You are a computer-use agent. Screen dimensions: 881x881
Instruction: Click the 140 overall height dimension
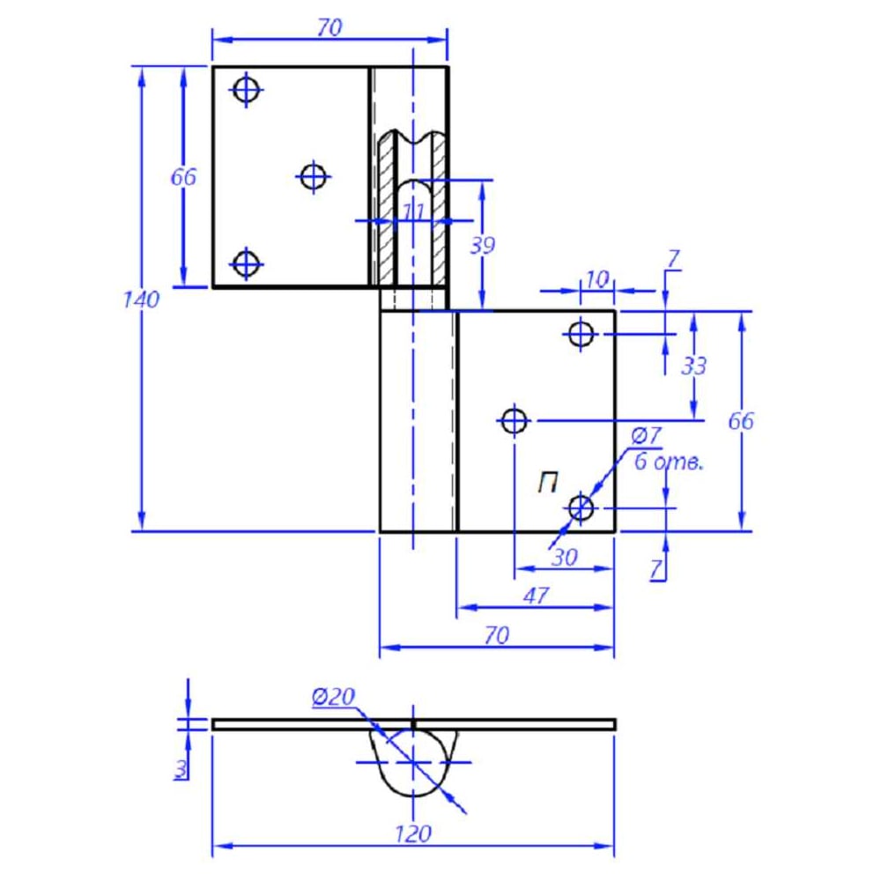point(142,300)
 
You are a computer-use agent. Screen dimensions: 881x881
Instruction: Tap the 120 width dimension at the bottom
point(413,833)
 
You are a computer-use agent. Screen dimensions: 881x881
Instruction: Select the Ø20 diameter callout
point(334,697)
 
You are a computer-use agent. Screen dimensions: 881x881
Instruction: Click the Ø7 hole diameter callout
point(646,435)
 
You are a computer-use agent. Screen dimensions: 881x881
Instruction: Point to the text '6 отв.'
point(669,462)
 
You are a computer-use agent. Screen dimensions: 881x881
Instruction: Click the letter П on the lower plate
point(548,483)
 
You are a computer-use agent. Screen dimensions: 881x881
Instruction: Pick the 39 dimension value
point(482,246)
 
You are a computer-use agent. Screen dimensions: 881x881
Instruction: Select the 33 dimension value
point(693,366)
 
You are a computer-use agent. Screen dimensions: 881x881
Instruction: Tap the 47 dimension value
point(536,596)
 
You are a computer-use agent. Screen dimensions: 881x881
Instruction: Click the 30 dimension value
point(565,558)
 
